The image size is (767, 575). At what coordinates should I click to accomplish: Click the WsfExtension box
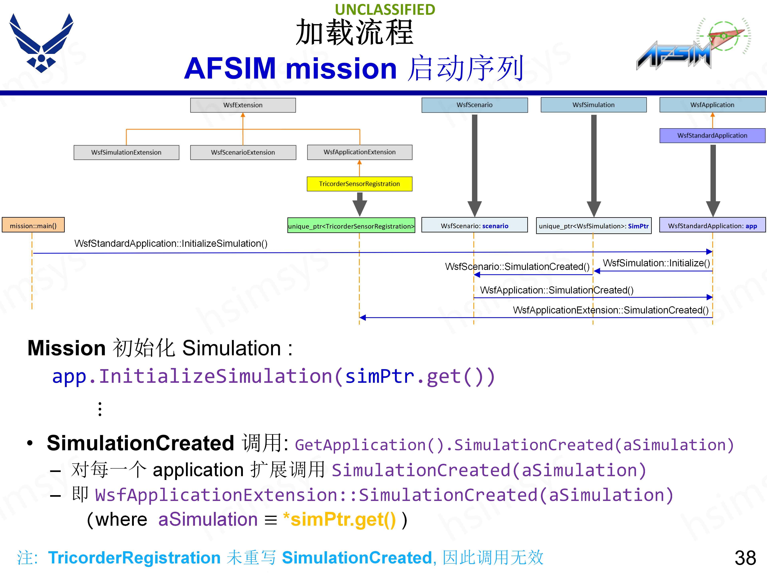(243, 105)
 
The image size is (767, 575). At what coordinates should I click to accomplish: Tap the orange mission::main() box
(33, 226)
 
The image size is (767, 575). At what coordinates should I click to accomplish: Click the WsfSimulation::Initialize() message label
(656, 263)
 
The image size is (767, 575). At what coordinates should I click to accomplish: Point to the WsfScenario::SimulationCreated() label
(517, 267)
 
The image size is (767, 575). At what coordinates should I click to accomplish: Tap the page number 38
(745, 558)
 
